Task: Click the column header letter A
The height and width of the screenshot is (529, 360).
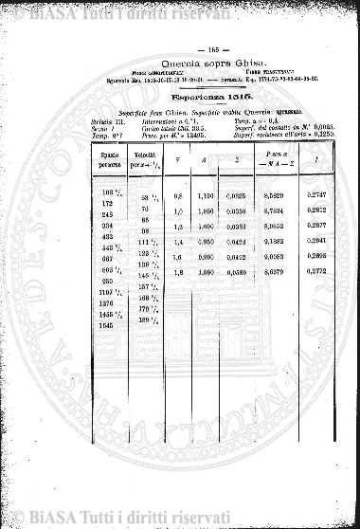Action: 201,158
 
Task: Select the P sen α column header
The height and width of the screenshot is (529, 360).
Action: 251,153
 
